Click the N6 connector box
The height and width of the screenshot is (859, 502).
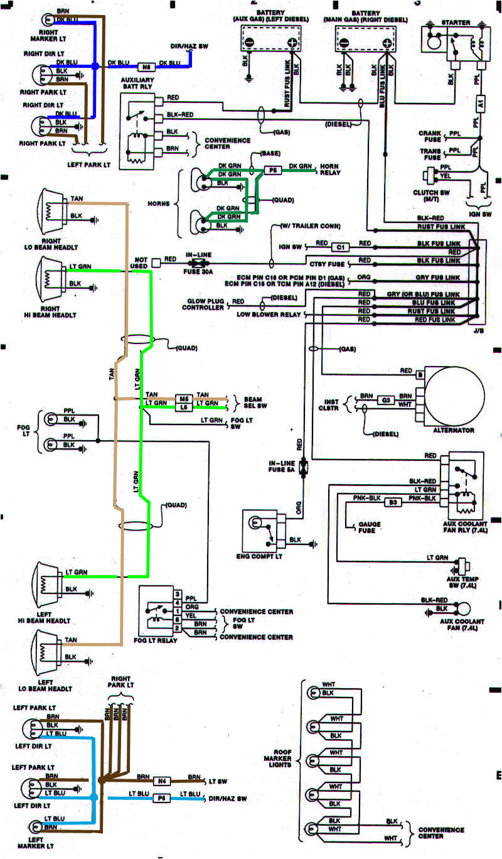pos(146,66)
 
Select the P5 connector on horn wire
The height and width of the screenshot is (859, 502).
pos(272,170)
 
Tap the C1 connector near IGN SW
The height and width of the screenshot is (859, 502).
pos(339,246)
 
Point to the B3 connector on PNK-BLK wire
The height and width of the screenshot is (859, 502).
pos(393,502)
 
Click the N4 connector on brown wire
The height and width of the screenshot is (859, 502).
pos(161,782)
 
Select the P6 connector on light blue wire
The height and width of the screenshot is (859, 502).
pos(161,797)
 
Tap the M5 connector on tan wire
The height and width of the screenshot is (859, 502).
pos(183,398)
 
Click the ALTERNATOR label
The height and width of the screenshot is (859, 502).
pos(453,431)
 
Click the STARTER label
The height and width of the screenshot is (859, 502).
pos(456,23)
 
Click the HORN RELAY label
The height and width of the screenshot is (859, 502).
pos(330,170)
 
